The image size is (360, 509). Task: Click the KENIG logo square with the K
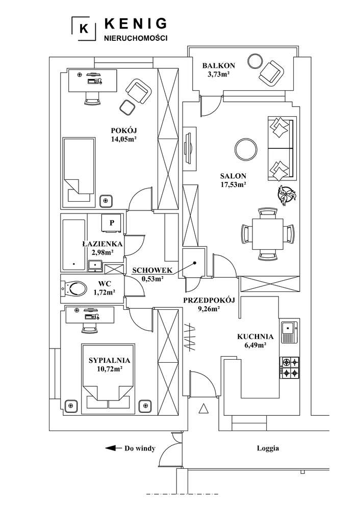[x=84, y=29]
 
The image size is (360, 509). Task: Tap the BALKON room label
[x=218, y=65]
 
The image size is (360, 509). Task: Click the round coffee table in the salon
[x=246, y=150]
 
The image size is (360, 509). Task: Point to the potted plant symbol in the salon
[x=287, y=195]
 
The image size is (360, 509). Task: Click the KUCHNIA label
[x=255, y=337]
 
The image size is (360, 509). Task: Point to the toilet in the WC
[x=75, y=289]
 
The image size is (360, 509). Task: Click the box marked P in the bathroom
[x=112, y=223]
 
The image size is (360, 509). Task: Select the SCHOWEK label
[x=152, y=270]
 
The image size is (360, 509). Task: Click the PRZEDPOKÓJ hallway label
[x=208, y=300]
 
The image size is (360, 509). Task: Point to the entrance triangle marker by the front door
[x=203, y=408]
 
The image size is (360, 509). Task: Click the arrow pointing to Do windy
[x=112, y=448]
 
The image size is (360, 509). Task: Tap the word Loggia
[x=267, y=448]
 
